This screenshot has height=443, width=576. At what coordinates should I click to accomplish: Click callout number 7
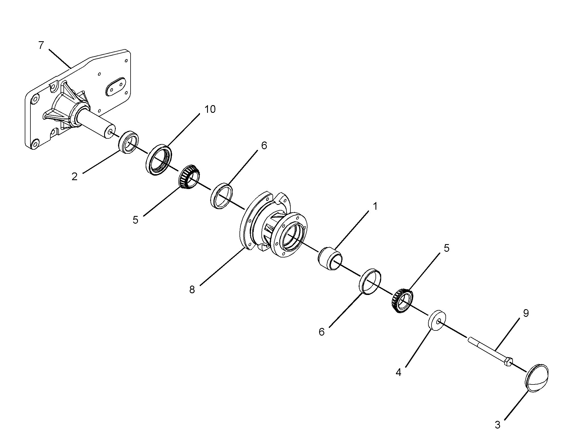[x=41, y=45]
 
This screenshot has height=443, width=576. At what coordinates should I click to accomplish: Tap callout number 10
[x=210, y=109]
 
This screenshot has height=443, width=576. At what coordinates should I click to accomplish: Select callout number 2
[x=75, y=177]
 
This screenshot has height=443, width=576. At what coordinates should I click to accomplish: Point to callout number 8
[x=192, y=290]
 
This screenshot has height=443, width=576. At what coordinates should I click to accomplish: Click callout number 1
[x=375, y=207]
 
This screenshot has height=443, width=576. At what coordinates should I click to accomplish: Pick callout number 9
[x=526, y=313]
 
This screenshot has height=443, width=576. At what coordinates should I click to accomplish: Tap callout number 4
[x=399, y=372]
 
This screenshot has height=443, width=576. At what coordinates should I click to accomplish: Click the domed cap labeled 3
[x=536, y=378]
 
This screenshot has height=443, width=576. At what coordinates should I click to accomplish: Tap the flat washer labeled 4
[x=437, y=321]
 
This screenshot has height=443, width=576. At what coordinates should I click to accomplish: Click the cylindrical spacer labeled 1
[x=330, y=259]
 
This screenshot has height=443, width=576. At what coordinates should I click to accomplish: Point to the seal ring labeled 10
[x=159, y=160]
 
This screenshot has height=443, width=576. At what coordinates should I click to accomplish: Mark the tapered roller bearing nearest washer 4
[x=402, y=301]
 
